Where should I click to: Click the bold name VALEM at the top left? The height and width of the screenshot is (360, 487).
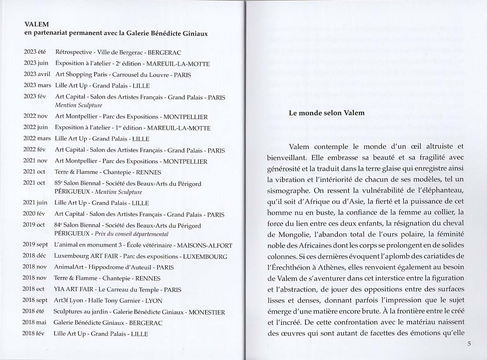37,25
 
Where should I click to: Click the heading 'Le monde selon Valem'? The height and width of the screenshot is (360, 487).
326,113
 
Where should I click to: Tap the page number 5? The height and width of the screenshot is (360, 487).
469,344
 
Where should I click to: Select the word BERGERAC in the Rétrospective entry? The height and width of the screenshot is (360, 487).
165,52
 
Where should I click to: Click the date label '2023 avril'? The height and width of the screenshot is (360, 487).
37,74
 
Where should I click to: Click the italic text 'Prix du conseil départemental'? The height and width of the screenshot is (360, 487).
132,234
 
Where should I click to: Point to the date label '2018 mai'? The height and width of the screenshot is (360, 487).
34,323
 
